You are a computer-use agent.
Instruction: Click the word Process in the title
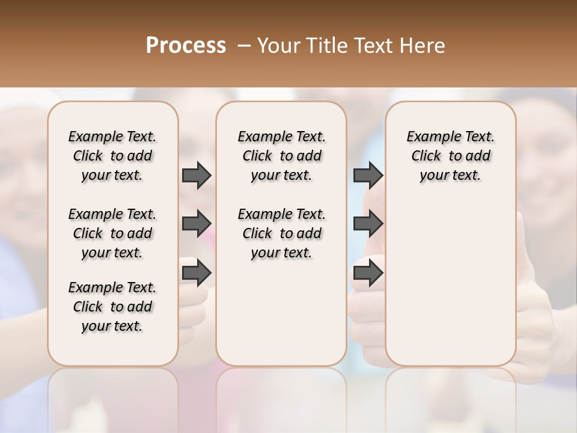pos(186,46)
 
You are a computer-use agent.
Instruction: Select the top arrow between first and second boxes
pos(197,175)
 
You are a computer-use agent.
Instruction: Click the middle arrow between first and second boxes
pos(197,224)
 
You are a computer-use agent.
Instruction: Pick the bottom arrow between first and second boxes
pos(197,274)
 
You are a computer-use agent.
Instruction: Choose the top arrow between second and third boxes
pos(368,175)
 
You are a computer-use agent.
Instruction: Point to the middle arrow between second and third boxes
pos(368,224)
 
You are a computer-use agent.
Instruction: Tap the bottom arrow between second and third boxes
pos(368,274)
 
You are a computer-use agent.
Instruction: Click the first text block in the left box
pos(112,156)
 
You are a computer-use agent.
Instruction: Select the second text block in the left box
pos(112,233)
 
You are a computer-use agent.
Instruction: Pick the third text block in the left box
pos(112,307)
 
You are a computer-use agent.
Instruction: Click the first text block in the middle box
pos(282,156)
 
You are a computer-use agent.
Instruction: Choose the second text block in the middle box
pos(282,233)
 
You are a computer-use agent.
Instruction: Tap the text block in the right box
pos(451,156)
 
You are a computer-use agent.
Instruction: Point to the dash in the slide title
pos(243,46)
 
